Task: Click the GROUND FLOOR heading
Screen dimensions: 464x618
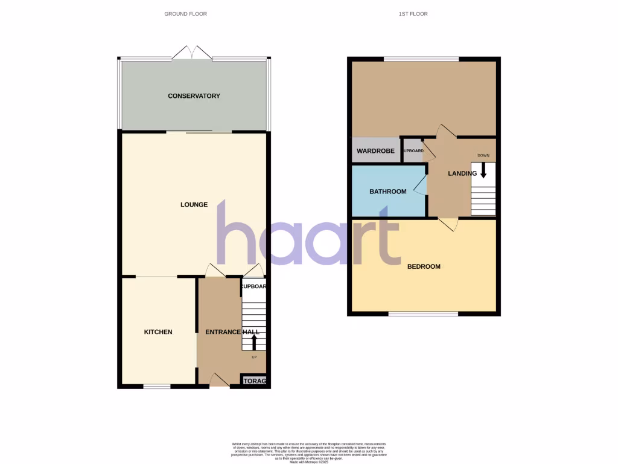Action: coord(185,13)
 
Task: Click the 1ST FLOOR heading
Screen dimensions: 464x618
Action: coord(413,13)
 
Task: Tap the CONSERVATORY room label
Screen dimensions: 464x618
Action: coord(194,96)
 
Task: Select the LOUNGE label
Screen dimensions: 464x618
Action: coord(194,205)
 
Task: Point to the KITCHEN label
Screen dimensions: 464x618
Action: coord(158,332)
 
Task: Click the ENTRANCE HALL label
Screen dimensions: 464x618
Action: coord(232,332)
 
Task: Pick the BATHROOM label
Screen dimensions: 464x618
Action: coord(388,192)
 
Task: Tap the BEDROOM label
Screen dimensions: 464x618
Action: coord(424,266)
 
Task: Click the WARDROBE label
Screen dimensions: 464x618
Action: coord(375,151)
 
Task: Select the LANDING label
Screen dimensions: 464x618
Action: coord(462,173)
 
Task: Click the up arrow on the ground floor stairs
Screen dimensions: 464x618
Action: coord(253,342)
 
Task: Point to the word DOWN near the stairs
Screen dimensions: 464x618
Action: coord(483,155)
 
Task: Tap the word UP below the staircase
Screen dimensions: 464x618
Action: coord(253,357)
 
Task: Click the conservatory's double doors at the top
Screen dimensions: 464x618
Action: coord(192,54)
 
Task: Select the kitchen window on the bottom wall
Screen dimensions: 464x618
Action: coord(157,386)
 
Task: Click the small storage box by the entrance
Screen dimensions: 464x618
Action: coord(253,381)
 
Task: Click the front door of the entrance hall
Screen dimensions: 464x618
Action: coord(218,381)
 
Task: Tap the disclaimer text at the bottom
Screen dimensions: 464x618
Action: coord(308,453)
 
